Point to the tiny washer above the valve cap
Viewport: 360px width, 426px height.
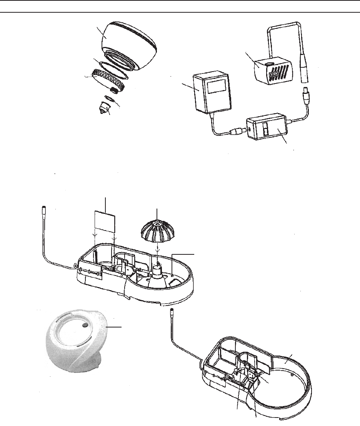[110, 99]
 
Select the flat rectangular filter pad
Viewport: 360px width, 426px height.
[105, 222]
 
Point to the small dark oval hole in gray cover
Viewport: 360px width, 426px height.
[85, 326]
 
